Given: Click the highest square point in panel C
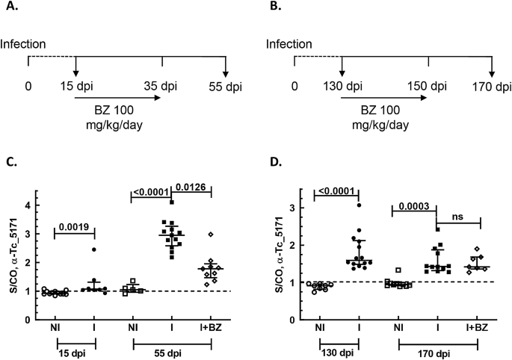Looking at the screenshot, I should click(x=172, y=202).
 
